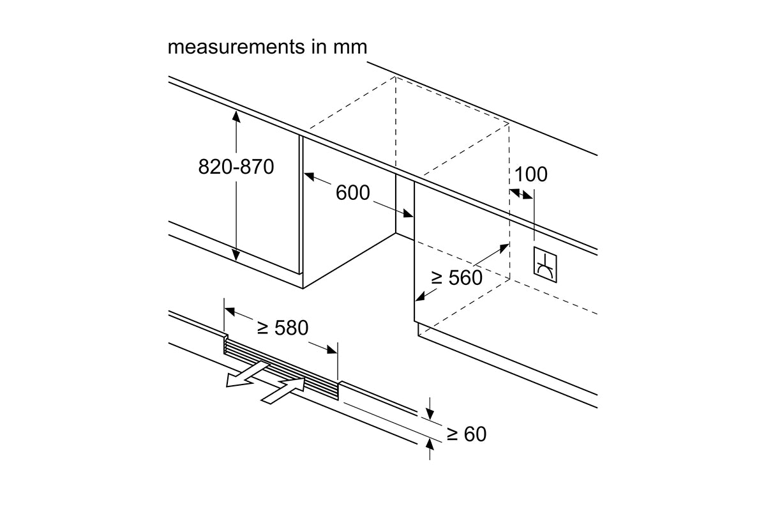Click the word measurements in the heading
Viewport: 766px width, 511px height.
coord(236,47)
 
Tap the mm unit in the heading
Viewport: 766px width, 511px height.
coord(350,47)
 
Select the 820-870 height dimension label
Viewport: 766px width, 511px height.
coord(236,167)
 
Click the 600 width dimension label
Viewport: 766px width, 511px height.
coord(352,192)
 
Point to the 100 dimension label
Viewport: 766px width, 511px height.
coord(530,174)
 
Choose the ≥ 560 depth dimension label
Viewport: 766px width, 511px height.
coord(456,277)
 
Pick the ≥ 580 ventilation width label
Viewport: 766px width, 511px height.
coord(283,328)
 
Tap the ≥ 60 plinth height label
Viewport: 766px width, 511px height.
coord(467,434)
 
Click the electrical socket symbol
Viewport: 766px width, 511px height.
coord(545,264)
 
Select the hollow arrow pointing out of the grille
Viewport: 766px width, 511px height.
coord(246,374)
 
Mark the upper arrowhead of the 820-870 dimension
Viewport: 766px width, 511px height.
coord(236,116)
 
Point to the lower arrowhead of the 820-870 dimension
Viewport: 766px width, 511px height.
coord(236,255)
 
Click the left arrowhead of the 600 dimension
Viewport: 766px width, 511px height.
coord(309,176)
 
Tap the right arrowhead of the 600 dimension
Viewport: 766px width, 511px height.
coord(408,213)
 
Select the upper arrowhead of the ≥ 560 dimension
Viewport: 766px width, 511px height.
coord(504,247)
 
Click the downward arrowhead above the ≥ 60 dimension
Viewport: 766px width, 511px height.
coord(430,414)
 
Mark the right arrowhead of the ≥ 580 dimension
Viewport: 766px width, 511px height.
coord(332,349)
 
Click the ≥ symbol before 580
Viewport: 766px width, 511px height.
coord(262,328)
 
